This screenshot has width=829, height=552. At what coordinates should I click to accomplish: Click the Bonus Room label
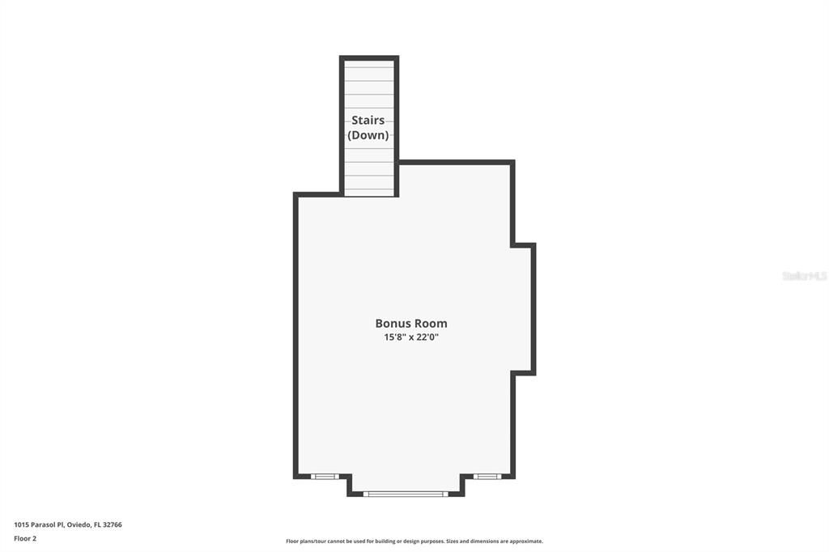click(x=411, y=323)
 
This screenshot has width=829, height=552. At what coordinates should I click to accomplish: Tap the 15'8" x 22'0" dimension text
click(x=411, y=338)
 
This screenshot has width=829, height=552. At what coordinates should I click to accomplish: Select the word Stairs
click(x=368, y=121)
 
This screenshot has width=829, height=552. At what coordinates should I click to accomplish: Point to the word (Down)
click(x=368, y=135)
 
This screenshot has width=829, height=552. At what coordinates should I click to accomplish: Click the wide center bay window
click(x=405, y=493)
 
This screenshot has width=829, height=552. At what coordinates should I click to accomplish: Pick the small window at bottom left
click(x=325, y=476)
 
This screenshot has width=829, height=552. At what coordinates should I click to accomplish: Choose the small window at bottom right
click(x=487, y=476)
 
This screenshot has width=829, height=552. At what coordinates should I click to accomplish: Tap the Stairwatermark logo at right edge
click(x=804, y=276)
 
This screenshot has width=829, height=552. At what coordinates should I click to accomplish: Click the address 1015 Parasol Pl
click(x=39, y=524)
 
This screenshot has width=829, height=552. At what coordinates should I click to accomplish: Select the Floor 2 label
click(x=25, y=538)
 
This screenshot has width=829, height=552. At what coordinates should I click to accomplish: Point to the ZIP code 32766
click(x=113, y=524)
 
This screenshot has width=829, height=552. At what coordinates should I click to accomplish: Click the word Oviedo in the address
click(x=79, y=524)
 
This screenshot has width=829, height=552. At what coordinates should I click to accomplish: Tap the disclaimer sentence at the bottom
click(x=414, y=541)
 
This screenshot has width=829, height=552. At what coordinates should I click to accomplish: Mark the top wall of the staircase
click(x=369, y=58)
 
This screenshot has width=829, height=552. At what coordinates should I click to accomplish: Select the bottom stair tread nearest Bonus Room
click(x=369, y=192)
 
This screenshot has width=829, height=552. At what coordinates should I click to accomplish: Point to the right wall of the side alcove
click(x=534, y=308)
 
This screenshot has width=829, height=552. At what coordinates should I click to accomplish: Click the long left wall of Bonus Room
click(x=296, y=336)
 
